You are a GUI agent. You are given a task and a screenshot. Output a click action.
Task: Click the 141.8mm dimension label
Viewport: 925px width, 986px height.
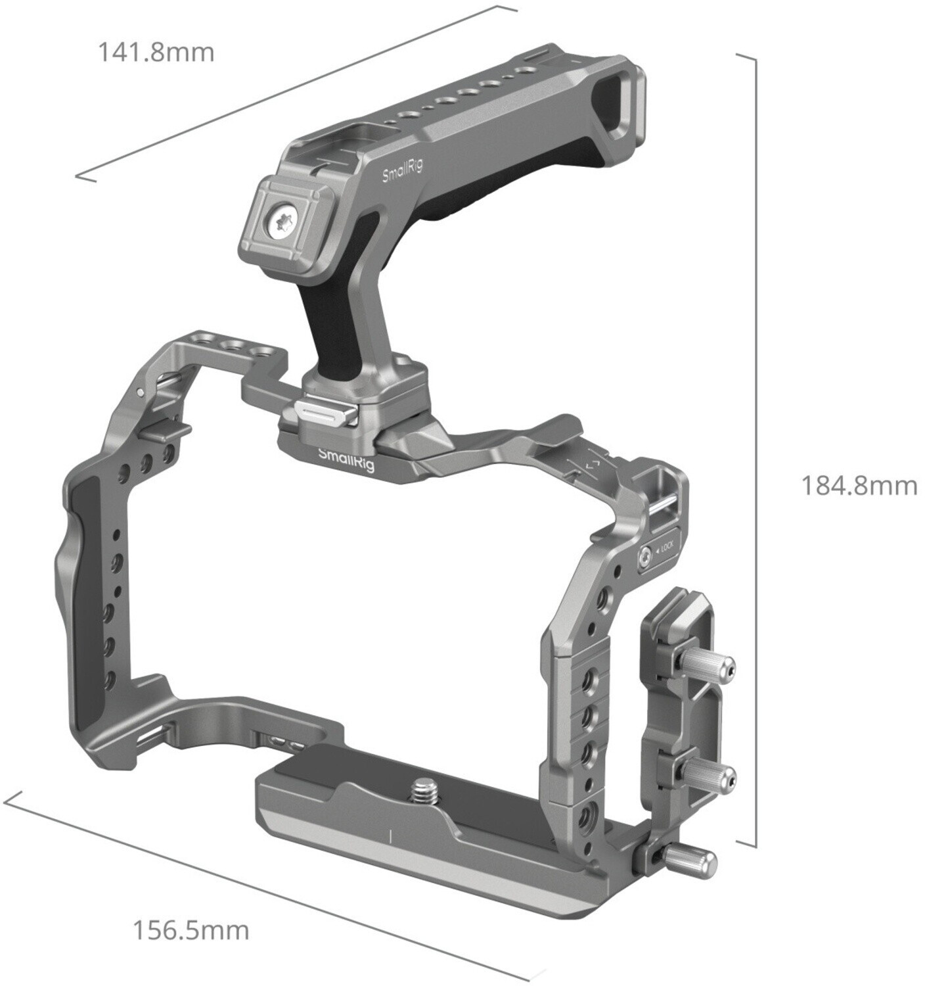click(157, 52)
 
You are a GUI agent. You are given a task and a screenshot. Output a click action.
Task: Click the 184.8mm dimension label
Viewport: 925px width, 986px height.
click(859, 486)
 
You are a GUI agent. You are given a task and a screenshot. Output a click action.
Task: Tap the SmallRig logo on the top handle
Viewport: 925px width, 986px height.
click(403, 171)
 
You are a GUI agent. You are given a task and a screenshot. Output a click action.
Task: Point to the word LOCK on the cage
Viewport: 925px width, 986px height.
click(666, 549)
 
